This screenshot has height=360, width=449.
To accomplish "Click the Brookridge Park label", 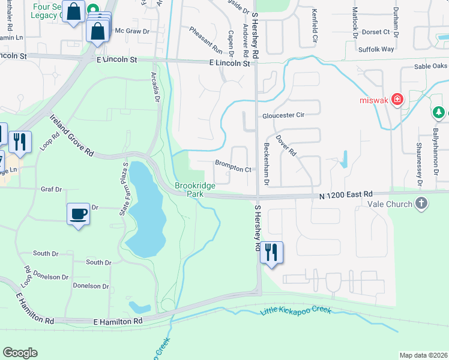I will (x=195, y=190).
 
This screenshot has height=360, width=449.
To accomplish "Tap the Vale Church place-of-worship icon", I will (x=421, y=203).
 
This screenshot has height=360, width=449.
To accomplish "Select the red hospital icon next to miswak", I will (x=397, y=100).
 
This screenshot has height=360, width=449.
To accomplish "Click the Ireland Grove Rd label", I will (x=72, y=136).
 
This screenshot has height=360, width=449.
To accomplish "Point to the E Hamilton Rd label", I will (x=118, y=322).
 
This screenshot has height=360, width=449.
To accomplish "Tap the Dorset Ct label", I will (x=376, y=31).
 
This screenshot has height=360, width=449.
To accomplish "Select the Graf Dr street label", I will (x=52, y=189).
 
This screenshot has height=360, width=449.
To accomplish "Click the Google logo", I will (x=20, y=353).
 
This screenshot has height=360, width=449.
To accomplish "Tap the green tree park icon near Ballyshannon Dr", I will (x=439, y=112).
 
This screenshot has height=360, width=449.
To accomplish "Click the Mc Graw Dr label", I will (x=131, y=30).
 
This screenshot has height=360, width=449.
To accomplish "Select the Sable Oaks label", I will (x=431, y=67).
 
